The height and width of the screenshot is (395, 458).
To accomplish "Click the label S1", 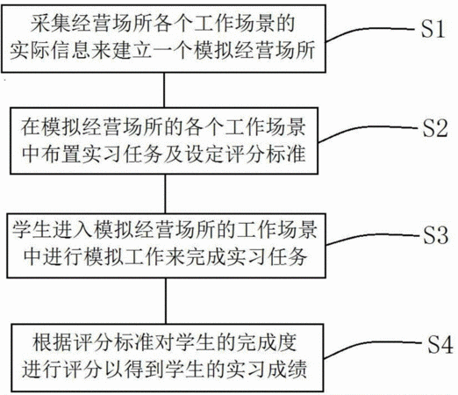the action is [433, 29].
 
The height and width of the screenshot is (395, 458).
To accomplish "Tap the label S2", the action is [435, 128].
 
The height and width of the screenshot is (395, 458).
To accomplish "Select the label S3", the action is [435, 234].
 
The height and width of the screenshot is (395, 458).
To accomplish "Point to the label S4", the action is [440, 344].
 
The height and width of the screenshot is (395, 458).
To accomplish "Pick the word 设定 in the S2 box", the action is [205, 154].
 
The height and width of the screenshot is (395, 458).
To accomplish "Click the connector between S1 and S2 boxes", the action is [164, 90].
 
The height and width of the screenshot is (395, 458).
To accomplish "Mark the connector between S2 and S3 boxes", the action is [165, 194].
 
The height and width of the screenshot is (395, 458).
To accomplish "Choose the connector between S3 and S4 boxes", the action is [166, 301].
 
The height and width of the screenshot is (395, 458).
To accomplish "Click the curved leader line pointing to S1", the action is [369, 30].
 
